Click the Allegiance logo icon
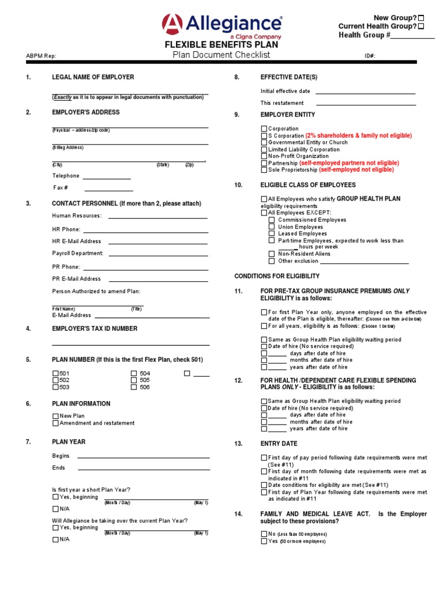pos(172,25)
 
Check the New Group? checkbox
pos(421,18)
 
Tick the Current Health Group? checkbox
pos(421,27)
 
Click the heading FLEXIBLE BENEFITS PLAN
pos(221,45)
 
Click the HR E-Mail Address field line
pos(158,241)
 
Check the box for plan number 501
pos(56,373)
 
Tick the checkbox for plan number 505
pos(134,380)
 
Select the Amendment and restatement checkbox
pos(56,423)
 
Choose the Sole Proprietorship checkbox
pos(264,170)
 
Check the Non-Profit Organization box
pos(264,156)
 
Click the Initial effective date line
pos(365,92)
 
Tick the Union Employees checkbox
pos(272,227)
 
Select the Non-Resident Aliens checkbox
pos(272,254)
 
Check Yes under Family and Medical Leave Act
pos(264,542)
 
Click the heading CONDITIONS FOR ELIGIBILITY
pos(276,276)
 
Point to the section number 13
pos(238,444)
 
